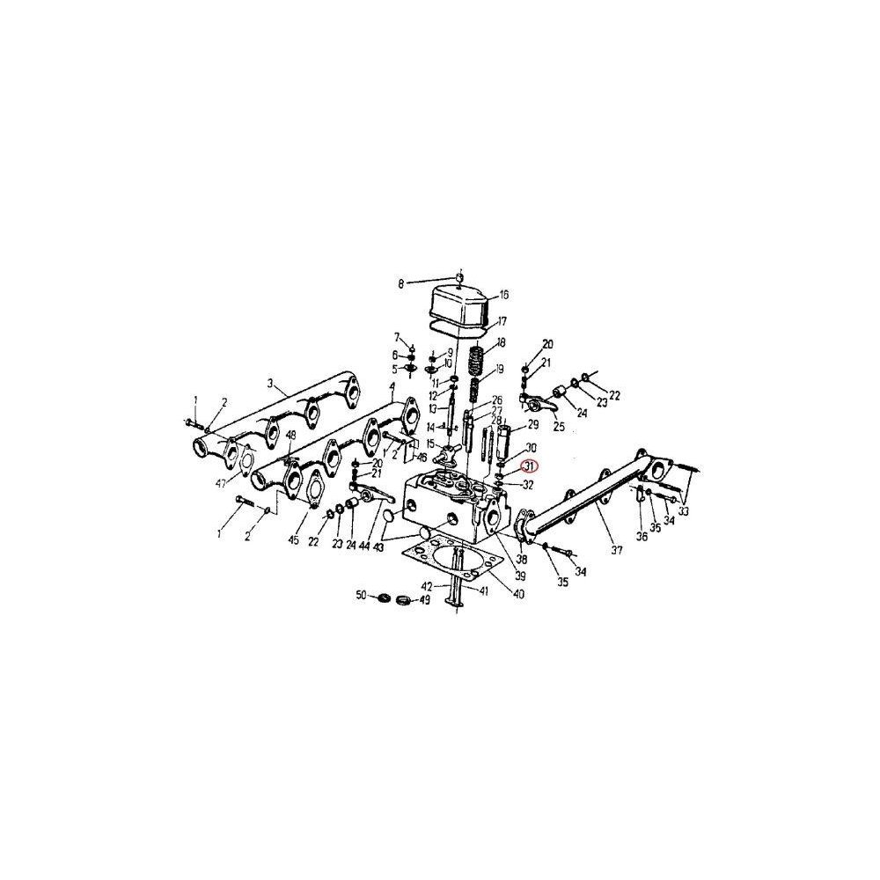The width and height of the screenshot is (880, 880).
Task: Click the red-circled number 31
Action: click(529, 467)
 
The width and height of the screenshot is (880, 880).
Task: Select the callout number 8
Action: click(401, 283)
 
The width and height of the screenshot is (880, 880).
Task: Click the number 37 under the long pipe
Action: click(616, 551)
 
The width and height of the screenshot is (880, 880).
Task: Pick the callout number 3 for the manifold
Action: click(272, 384)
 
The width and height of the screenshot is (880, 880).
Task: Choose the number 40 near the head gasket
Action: click(518, 594)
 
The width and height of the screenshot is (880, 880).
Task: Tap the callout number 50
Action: click(361, 596)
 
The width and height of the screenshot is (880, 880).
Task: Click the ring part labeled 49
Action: click(406, 600)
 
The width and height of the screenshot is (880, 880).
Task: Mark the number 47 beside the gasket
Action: click(221, 484)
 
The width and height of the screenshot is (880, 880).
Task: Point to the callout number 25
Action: click(559, 427)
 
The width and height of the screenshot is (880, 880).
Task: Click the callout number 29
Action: click(532, 425)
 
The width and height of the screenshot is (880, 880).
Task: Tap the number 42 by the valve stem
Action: click(427, 586)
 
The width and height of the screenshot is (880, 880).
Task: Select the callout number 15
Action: click(431, 443)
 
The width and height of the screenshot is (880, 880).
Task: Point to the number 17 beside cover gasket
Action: click(502, 321)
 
